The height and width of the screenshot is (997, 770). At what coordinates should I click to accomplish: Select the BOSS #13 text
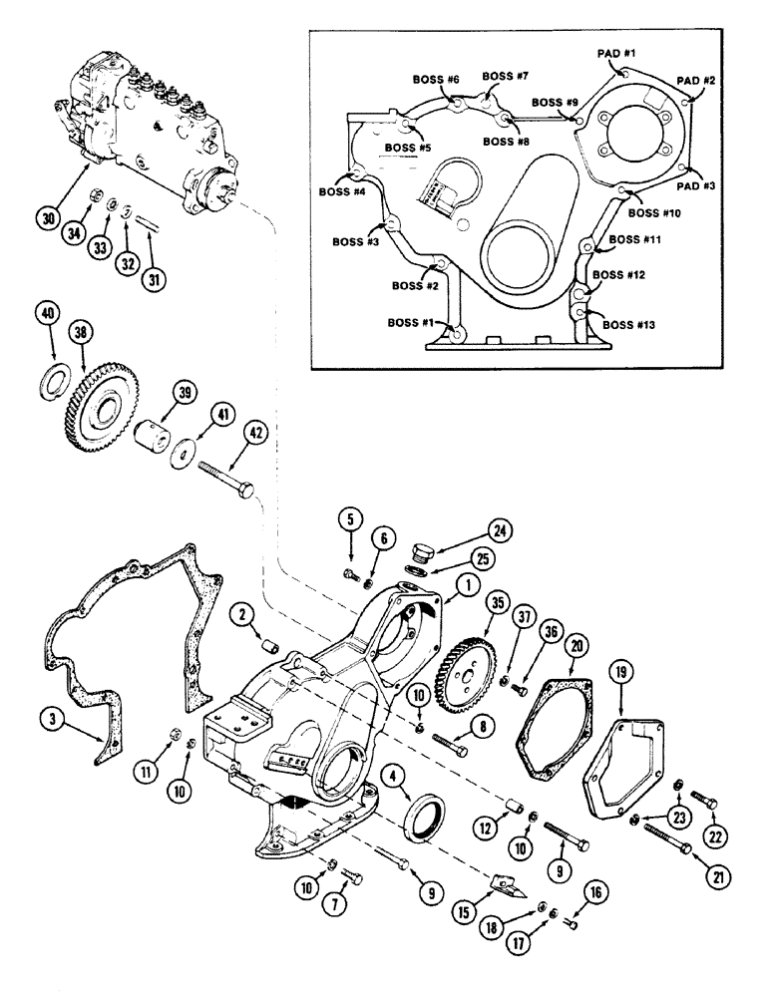click(634, 325)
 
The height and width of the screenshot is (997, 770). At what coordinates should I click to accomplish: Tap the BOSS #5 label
click(410, 148)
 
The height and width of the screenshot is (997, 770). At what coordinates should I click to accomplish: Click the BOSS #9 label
click(556, 102)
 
